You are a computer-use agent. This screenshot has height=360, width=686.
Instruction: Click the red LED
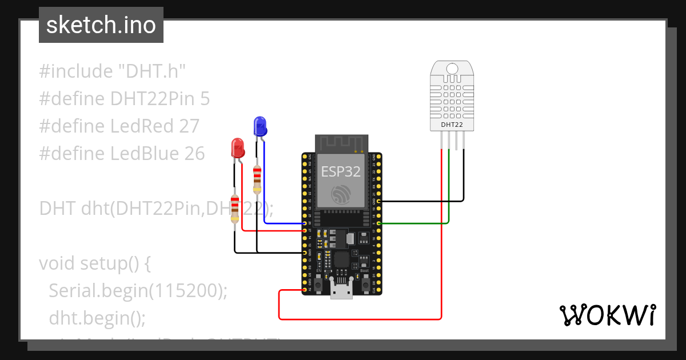[237, 148]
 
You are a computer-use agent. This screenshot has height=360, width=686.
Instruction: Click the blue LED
[260, 126]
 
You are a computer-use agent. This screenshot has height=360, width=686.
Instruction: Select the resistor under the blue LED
[257, 179]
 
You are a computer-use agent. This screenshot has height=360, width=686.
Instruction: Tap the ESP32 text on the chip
[341, 172]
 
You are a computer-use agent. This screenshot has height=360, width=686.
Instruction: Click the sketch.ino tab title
[101, 25]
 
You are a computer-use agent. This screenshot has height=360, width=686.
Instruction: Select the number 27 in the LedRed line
[188, 126]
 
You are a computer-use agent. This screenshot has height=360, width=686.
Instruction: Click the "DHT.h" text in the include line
[152, 71]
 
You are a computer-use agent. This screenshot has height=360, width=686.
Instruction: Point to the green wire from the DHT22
[449, 189]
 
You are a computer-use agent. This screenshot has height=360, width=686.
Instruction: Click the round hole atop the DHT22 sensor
[452, 69]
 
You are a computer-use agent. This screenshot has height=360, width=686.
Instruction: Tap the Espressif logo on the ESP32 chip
[341, 194]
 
